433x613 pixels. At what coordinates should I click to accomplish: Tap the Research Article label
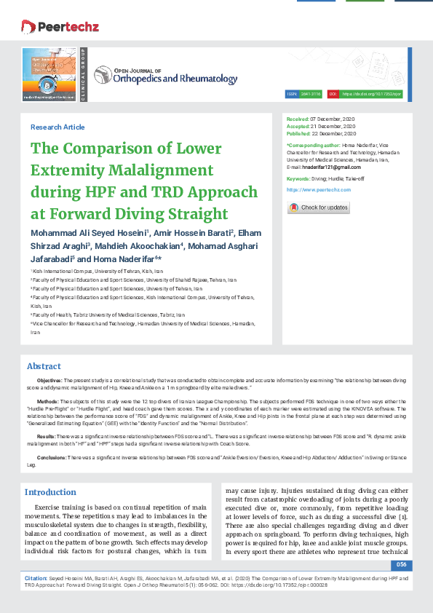coord(57,127)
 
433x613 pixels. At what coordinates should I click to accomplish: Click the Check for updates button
coord(319,207)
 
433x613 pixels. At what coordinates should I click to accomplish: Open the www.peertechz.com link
coord(319,189)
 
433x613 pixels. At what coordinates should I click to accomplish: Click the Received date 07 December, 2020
coord(333,118)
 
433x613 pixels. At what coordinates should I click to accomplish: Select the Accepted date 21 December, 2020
coord(333,126)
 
